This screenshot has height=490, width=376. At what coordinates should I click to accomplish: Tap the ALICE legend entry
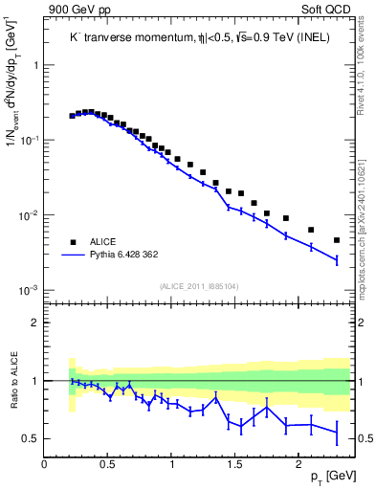(x=104, y=242)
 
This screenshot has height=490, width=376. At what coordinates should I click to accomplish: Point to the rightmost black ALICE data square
(x=337, y=240)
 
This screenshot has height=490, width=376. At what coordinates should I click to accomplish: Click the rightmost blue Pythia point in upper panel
(x=337, y=259)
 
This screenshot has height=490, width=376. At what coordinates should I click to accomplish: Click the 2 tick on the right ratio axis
(x=358, y=323)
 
